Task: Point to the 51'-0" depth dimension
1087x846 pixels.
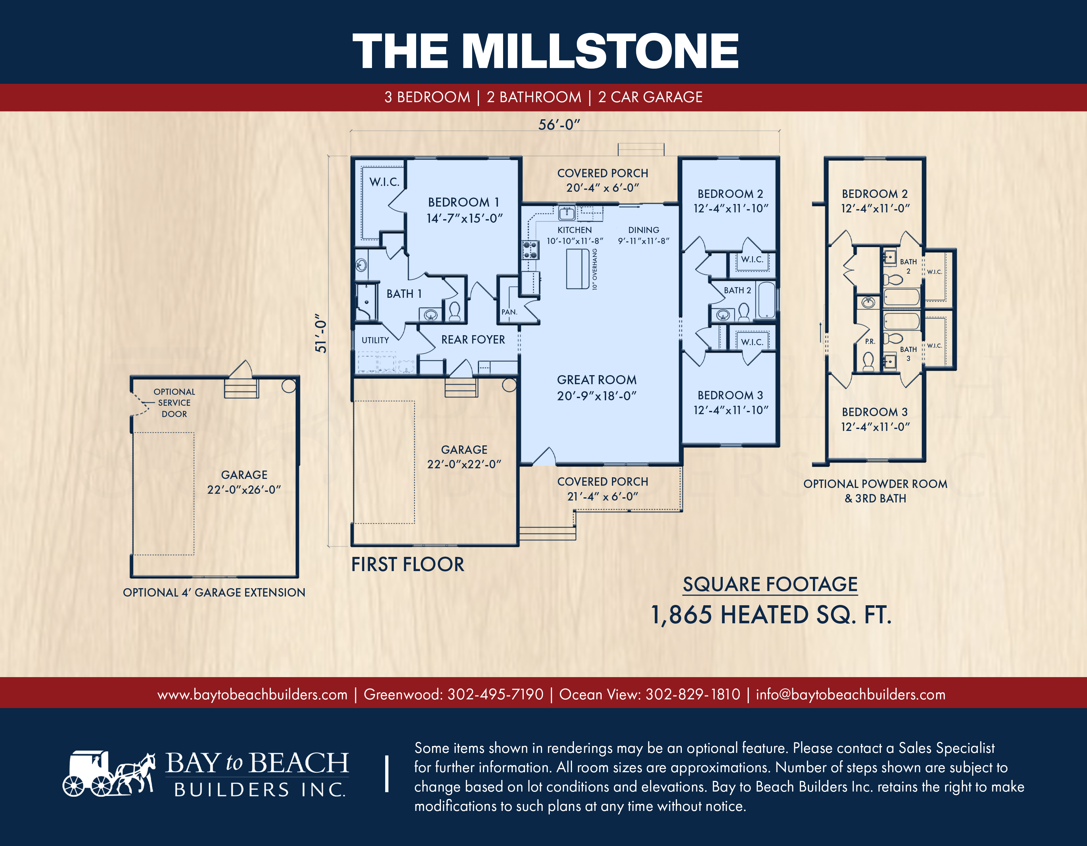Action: click(321, 333)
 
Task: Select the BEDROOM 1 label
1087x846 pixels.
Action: click(463, 202)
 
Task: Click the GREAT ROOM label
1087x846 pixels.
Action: click(597, 380)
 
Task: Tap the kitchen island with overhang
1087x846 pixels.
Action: click(578, 269)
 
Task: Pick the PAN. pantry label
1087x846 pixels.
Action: click(509, 312)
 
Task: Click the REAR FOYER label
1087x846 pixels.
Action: click(473, 340)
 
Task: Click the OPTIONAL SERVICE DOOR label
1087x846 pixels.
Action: click(174, 403)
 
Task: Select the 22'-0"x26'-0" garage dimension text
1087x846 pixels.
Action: click(244, 490)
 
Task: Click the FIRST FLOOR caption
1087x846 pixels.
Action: click(408, 565)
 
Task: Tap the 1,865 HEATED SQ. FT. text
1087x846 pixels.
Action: click(771, 615)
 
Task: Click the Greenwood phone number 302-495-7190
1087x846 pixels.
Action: click(495, 694)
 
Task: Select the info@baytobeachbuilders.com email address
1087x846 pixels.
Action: click(851, 694)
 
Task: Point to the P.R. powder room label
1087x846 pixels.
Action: click(870, 342)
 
